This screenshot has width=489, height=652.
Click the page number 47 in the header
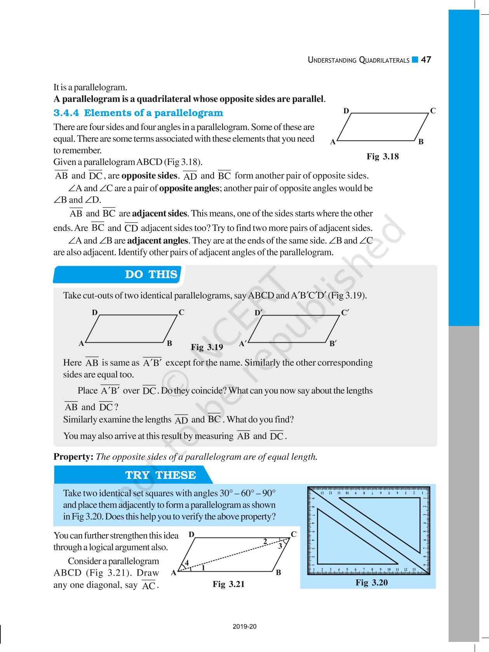(x=426, y=60)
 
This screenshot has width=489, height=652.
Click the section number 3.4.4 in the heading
(x=66, y=113)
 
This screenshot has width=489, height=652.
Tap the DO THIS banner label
(x=151, y=274)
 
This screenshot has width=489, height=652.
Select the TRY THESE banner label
(x=160, y=475)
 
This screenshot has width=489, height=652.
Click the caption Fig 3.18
(x=383, y=156)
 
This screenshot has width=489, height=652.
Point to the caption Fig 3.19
(x=207, y=347)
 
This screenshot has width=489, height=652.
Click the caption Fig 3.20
(x=372, y=582)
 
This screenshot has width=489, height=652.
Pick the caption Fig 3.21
(x=229, y=584)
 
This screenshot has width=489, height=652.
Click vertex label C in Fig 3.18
(x=433, y=111)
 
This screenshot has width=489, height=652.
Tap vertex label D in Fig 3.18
(x=346, y=111)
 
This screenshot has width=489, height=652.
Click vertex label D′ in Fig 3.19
(x=259, y=313)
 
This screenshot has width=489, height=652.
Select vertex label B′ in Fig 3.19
(x=333, y=343)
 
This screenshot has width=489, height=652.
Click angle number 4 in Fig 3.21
(x=187, y=563)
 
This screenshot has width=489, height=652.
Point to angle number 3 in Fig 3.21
(x=280, y=546)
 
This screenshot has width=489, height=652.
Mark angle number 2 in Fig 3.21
(x=265, y=541)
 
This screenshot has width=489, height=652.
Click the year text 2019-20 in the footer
(x=245, y=626)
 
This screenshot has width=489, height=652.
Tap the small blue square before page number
(x=415, y=60)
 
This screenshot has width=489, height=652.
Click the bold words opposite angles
(x=189, y=189)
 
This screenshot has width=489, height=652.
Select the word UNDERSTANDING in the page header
(x=332, y=60)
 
